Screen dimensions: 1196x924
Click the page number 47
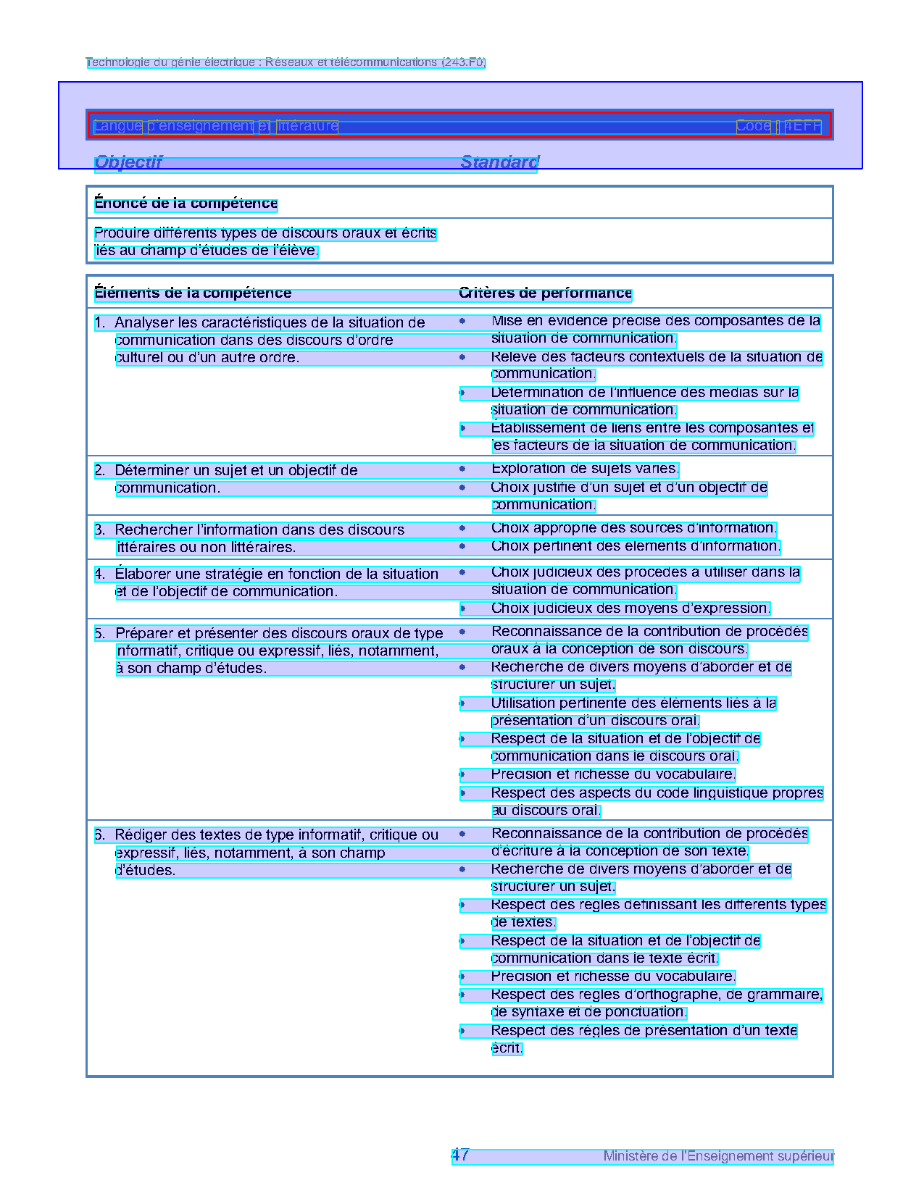[460, 1155]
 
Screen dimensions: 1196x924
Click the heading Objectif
[128, 162]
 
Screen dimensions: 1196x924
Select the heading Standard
[499, 162]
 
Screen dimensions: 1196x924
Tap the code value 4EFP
[803, 126]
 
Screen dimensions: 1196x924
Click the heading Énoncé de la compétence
[186, 204]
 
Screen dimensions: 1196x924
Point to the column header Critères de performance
[545, 293]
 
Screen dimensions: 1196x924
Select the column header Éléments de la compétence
[193, 293]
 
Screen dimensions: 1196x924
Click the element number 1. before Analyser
[100, 323]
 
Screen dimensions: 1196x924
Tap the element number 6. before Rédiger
[100, 835]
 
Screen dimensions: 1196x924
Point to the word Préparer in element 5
[144, 634]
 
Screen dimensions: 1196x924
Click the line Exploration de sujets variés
[584, 469]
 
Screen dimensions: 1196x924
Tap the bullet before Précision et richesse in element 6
[462, 977]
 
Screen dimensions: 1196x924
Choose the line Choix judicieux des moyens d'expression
[630, 609]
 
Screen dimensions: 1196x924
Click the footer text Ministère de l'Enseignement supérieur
[718, 1156]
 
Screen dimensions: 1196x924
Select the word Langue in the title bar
[117, 126]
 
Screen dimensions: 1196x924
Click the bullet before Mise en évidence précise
[462, 321]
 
